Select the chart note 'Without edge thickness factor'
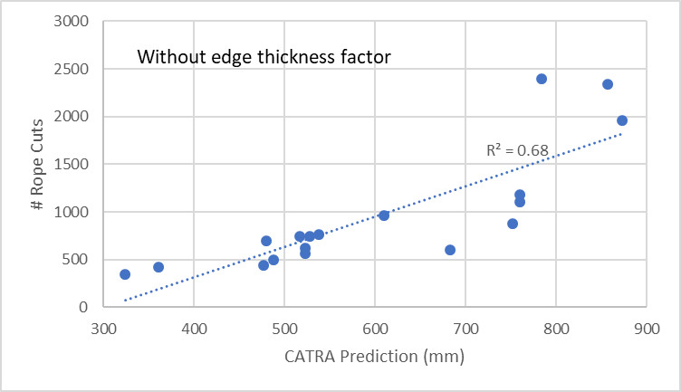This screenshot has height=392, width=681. pyautogui.click(x=264, y=57)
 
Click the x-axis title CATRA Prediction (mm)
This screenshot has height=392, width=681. pyautogui.click(x=373, y=357)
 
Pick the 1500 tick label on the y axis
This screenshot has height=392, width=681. pyautogui.click(x=77, y=165)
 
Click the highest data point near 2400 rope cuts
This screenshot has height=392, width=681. pyautogui.click(x=542, y=79)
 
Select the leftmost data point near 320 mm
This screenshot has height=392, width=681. pyautogui.click(x=125, y=274)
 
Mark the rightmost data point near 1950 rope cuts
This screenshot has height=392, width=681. pyautogui.click(x=622, y=120)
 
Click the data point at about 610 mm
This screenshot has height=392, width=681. pyautogui.click(x=384, y=215)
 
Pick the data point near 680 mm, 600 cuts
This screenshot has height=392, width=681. pyautogui.click(x=450, y=250)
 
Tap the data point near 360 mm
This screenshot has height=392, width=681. pyautogui.click(x=158, y=267)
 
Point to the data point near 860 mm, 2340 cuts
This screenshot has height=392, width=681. pyautogui.click(x=608, y=84)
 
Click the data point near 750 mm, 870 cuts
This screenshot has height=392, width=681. pyautogui.click(x=513, y=224)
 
